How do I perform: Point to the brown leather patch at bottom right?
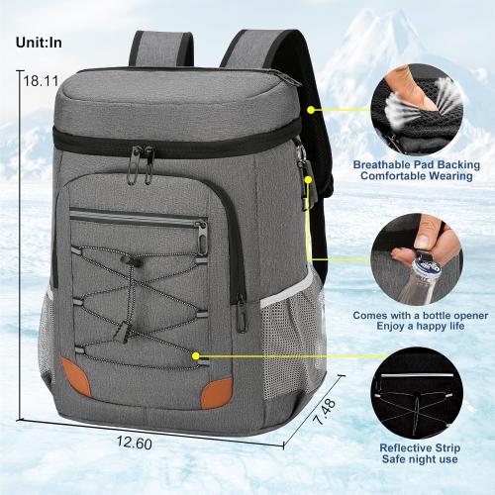(217, 392)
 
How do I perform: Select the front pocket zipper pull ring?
(201, 237)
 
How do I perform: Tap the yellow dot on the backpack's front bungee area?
(198, 353)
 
